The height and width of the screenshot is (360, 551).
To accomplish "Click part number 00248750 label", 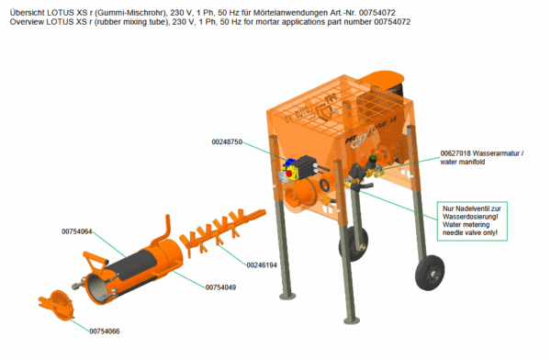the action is (x=227, y=141).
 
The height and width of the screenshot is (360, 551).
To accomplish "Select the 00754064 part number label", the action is (x=77, y=231).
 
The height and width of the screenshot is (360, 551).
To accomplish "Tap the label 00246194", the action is (x=262, y=265).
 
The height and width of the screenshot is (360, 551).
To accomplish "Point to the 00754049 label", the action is (x=220, y=287).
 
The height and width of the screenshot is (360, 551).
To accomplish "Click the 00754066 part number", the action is (x=105, y=332).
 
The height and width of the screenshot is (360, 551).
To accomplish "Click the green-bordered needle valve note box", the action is (x=472, y=221).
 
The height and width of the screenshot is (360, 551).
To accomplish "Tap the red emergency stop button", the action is (x=289, y=174).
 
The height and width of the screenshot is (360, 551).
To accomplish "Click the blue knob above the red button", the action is (x=290, y=163).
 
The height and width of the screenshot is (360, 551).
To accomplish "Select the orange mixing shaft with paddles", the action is (x=223, y=230).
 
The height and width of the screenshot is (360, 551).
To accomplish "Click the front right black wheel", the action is (x=430, y=273).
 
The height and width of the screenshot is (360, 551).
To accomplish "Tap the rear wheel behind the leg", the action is (x=354, y=243).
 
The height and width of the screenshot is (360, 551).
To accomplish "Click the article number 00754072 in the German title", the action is (x=377, y=13).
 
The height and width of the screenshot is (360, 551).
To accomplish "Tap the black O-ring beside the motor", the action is (x=324, y=186).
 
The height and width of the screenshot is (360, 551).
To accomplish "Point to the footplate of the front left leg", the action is (x=287, y=297).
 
